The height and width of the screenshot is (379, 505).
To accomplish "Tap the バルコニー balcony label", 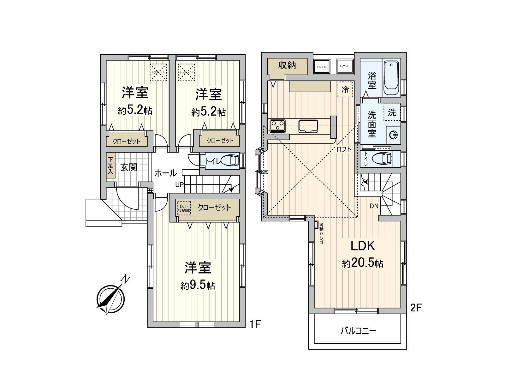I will [x=358, y=331].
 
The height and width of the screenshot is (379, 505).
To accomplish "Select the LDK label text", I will [x=362, y=246].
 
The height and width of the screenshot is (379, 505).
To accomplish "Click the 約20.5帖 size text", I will [x=363, y=263].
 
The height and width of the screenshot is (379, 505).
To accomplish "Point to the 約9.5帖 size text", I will [x=198, y=285].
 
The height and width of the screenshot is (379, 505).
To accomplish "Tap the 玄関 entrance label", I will [x=129, y=167].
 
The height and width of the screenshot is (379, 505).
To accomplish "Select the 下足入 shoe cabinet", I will [x=110, y=166].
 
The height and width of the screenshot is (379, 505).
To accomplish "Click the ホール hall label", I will [x=165, y=173].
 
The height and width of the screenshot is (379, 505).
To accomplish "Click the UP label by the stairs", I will [x=179, y=185].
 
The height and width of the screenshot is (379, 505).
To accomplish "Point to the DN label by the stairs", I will [x=374, y=206].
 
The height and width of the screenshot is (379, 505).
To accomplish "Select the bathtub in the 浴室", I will [x=391, y=78].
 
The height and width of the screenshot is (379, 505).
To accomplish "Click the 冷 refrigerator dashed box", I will [x=345, y=89].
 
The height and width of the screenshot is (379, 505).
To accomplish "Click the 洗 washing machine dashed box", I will [x=392, y=112].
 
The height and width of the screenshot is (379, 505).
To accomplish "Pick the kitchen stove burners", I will [x=278, y=126].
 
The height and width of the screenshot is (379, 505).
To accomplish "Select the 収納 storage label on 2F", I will [x=287, y=65].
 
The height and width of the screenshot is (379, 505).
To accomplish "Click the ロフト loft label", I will [x=343, y=149].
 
